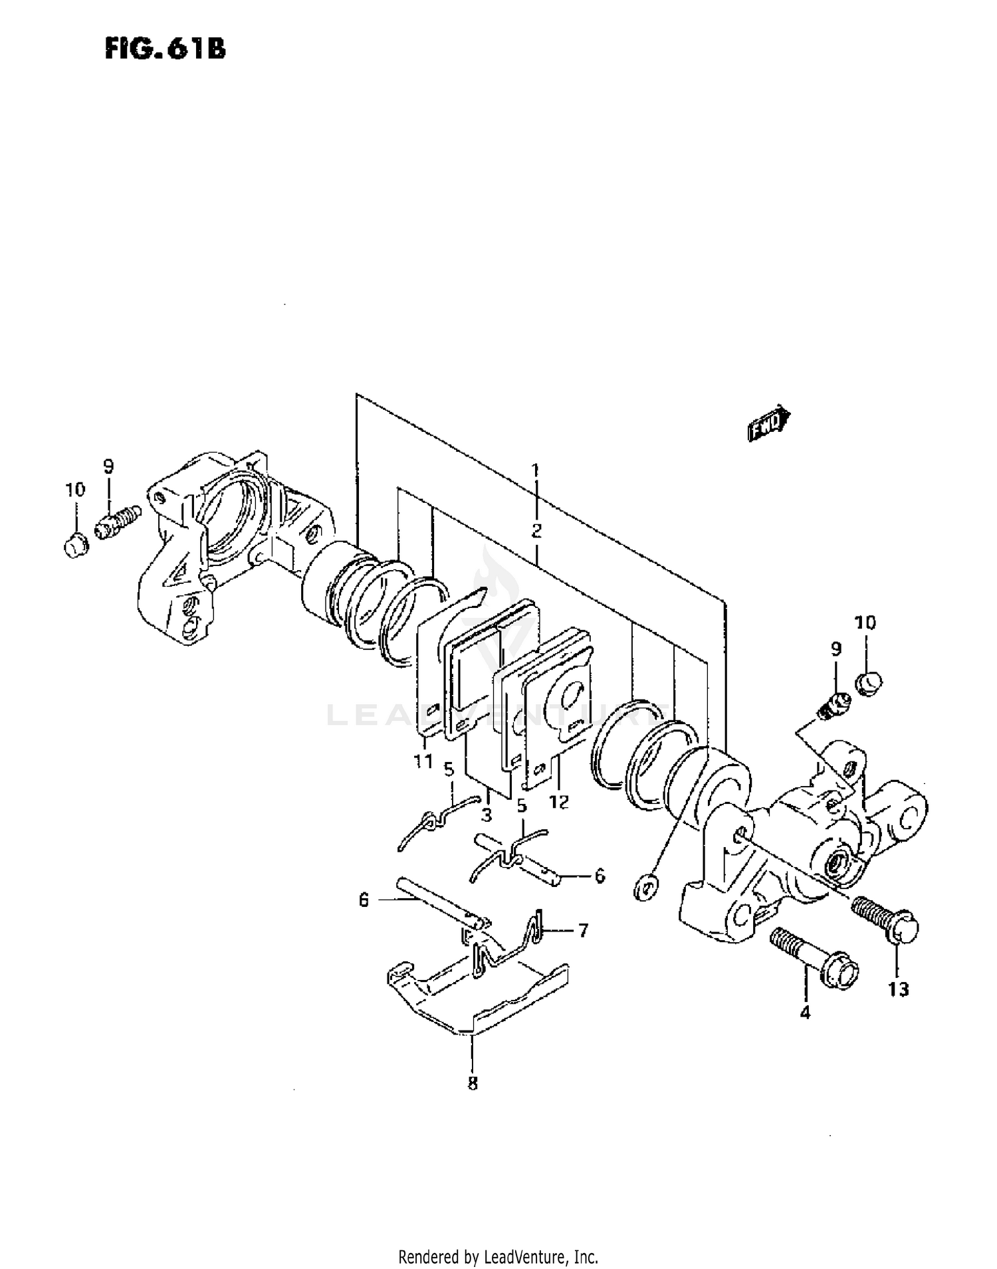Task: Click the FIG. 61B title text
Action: [x=165, y=49]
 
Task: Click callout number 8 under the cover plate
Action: [x=472, y=1084]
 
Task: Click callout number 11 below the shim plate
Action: [x=423, y=761]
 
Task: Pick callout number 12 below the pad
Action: [x=559, y=802]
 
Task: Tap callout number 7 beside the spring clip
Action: [x=583, y=931]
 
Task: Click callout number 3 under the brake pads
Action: [x=487, y=815]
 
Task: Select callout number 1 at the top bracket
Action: [x=536, y=471]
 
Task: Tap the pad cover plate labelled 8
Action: [x=479, y=997]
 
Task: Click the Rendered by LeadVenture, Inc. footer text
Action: [x=498, y=1257]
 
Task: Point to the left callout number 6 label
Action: [x=364, y=900]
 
